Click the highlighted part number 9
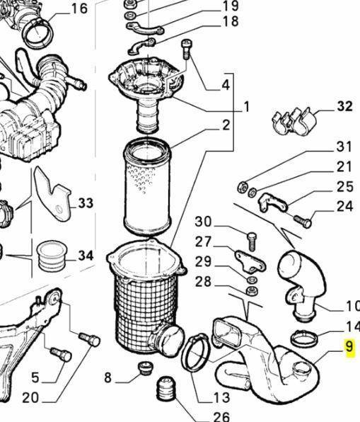click(x=349, y=347)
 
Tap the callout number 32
click(x=344, y=107)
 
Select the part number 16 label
click(x=79, y=8)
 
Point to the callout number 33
click(x=85, y=203)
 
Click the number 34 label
click(x=85, y=254)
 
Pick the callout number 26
click(x=221, y=416)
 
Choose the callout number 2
click(x=226, y=125)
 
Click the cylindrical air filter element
click(x=147, y=188)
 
